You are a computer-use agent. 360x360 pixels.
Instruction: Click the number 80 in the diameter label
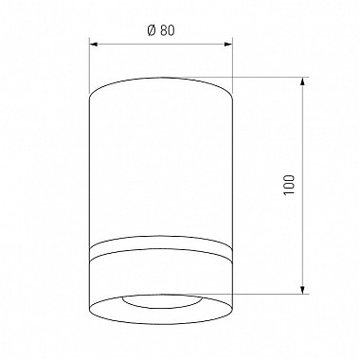click(x=168, y=30)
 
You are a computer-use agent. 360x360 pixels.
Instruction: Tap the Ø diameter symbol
click(x=152, y=30)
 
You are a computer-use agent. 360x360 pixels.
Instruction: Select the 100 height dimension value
click(x=289, y=185)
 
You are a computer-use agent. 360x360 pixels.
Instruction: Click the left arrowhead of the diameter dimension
click(x=94, y=45)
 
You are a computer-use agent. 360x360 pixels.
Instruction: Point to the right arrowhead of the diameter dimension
click(x=228, y=45)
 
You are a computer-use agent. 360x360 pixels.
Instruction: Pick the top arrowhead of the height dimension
click(x=302, y=81)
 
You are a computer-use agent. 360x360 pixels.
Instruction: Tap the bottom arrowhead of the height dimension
click(x=302, y=290)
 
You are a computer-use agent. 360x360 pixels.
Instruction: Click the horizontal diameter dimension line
click(x=161, y=45)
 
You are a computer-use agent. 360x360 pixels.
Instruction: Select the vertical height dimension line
click(x=302, y=186)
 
